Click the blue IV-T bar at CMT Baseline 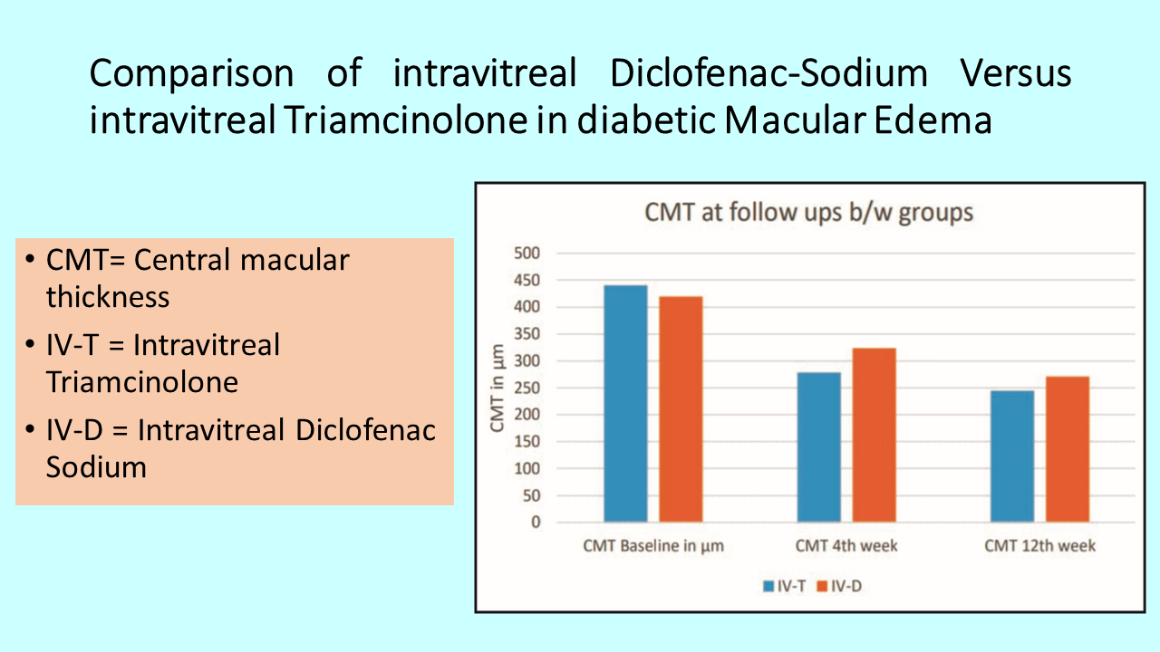(x=625, y=404)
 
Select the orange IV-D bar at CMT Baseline (x=681, y=409)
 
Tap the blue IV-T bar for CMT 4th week (x=818, y=447)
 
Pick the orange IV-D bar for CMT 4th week (x=875, y=436)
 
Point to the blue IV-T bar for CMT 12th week (x=1012, y=456)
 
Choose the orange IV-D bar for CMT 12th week (x=1068, y=449)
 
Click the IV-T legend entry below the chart (x=785, y=586)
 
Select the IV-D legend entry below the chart (x=839, y=586)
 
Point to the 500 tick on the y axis (x=527, y=253)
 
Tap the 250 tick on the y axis (x=527, y=388)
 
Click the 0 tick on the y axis (x=536, y=523)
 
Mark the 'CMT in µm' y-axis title (x=498, y=388)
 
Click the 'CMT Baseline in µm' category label (x=653, y=546)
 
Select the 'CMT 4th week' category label (x=846, y=546)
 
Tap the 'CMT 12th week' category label (x=1039, y=546)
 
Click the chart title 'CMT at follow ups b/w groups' (x=809, y=213)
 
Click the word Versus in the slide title (x=1016, y=73)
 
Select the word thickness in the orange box (x=108, y=297)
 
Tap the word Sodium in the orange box (x=96, y=467)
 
